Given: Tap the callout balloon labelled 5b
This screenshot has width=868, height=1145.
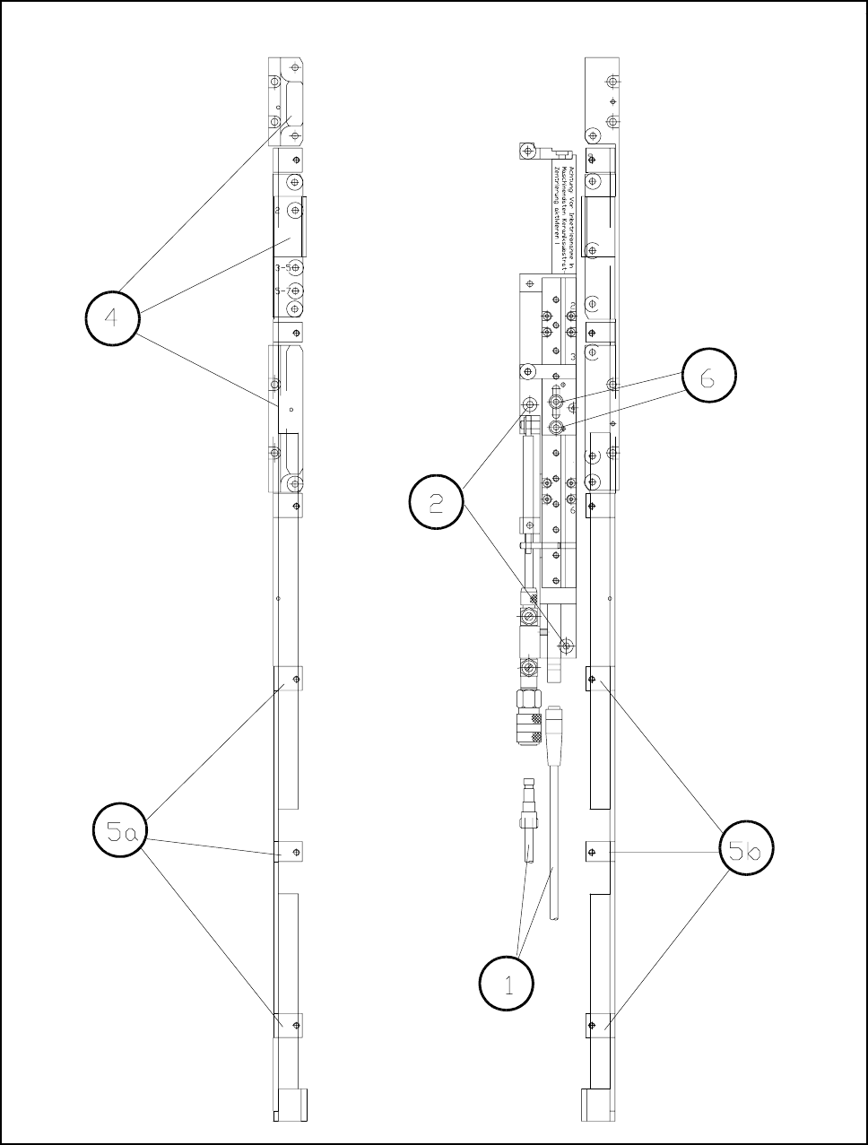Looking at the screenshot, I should [746, 848].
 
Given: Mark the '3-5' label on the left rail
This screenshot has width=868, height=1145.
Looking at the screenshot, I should [282, 268].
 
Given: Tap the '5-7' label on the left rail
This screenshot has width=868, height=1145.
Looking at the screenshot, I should [282, 291].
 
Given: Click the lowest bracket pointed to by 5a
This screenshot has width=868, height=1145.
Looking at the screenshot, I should [288, 1023].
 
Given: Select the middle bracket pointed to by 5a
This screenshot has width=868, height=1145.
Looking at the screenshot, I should [288, 851].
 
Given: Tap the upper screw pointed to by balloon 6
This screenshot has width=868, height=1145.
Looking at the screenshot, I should [558, 400].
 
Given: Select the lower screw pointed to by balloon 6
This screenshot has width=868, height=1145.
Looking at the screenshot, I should [558, 426].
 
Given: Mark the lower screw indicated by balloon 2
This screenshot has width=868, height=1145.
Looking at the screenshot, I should [566, 645].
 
